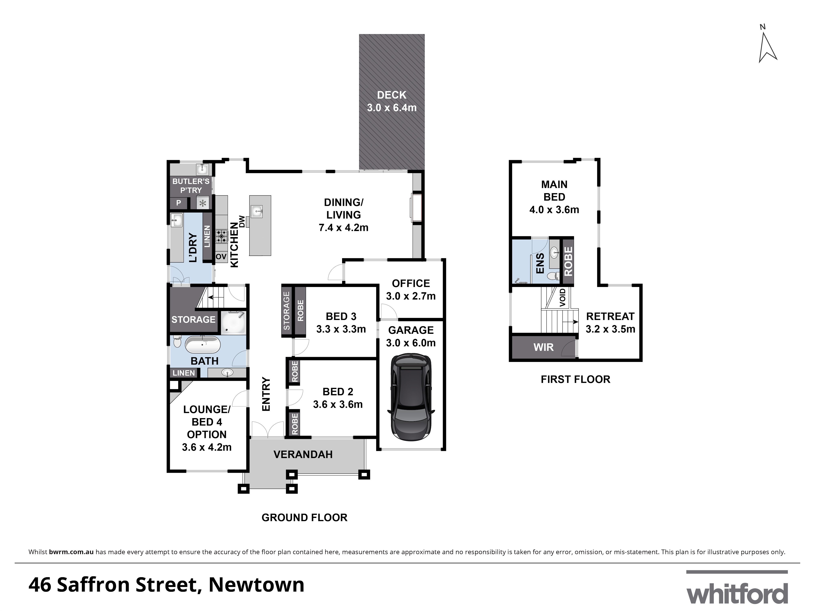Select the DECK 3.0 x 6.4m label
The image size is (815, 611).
click(x=392, y=101)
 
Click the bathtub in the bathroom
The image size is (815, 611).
click(x=203, y=345)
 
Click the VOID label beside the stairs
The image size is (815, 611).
click(x=562, y=298)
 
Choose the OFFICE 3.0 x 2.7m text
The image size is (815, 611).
click(x=411, y=289)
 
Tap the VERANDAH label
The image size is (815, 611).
click(x=303, y=454)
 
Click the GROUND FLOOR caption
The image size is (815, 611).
click(x=304, y=518)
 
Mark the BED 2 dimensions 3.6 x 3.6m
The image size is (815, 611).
click(x=338, y=404)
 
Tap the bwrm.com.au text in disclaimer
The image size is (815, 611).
click(x=71, y=552)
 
